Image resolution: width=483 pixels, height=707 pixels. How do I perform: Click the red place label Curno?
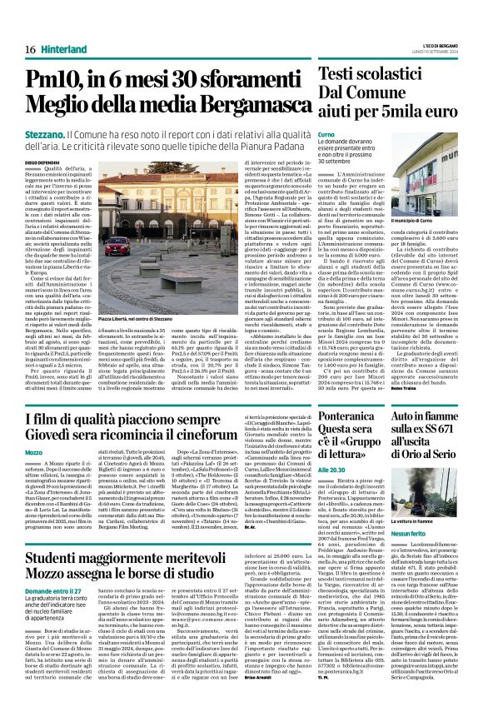pyautogui.click(x=326, y=134)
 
